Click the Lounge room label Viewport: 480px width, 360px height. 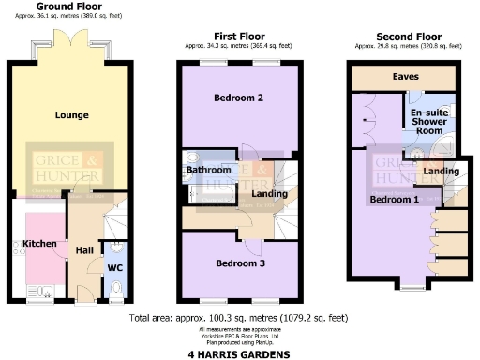[x=72, y=115]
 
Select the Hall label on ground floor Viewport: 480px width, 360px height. [x=84, y=249]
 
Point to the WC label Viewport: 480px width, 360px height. [x=115, y=267]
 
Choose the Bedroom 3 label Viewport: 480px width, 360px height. [x=239, y=263]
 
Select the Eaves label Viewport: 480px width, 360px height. [x=406, y=76]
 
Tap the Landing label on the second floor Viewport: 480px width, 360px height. [x=441, y=172]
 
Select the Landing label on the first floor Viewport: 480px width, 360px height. [x=270, y=194]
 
